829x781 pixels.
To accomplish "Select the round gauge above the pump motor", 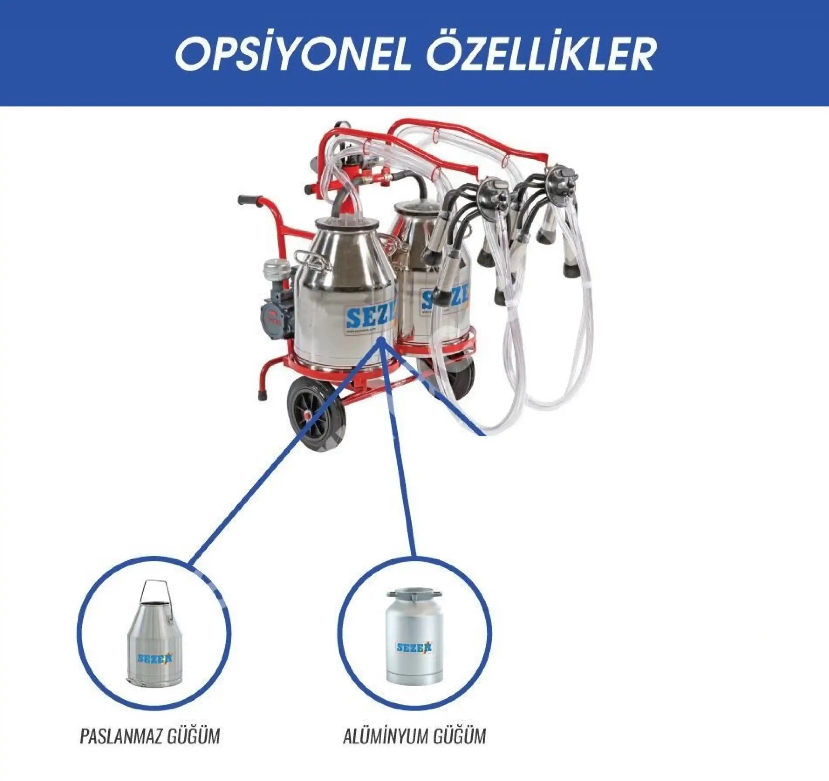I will tap(274, 266).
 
